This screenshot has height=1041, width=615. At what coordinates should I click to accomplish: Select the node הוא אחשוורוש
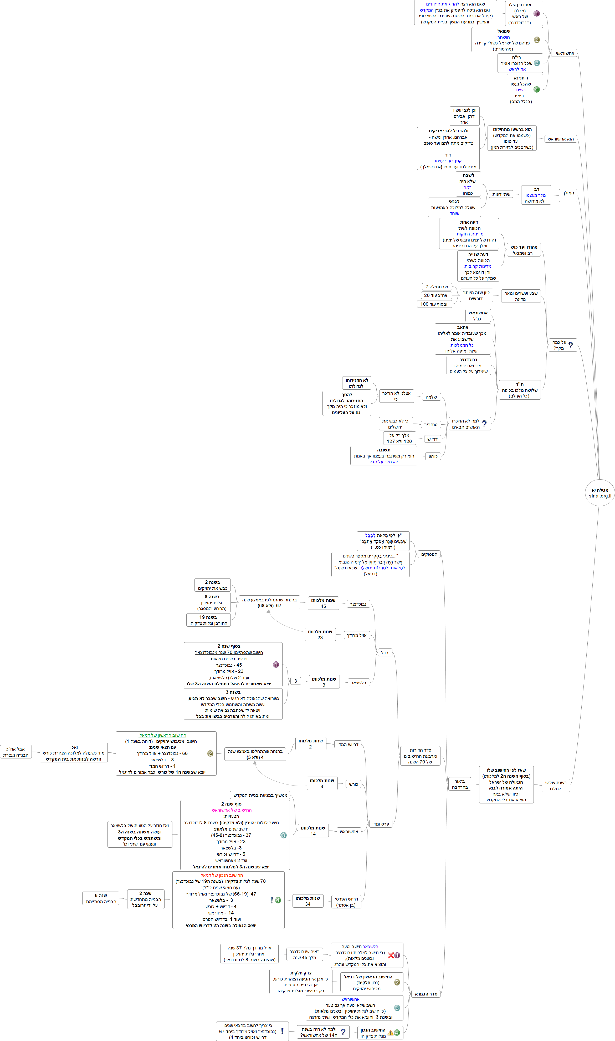click(560, 139)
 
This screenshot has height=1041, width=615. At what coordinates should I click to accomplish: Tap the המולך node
click(568, 193)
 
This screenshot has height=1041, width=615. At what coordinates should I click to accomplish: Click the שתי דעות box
click(501, 194)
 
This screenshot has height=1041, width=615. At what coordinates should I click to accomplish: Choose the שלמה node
click(431, 397)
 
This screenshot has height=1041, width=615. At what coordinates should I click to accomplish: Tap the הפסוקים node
click(429, 554)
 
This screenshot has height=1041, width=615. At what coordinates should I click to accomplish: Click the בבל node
click(385, 652)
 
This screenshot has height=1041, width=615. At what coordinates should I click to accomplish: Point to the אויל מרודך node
click(356, 635)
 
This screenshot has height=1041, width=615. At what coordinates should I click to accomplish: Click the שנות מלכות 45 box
click(323, 603)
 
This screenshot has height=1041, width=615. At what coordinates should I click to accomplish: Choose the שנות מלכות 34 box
click(307, 901)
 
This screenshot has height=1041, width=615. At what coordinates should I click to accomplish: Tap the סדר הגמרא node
click(426, 994)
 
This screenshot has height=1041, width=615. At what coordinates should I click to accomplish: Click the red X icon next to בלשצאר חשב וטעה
click(390, 955)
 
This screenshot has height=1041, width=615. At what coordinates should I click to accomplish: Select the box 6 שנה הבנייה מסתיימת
click(101, 898)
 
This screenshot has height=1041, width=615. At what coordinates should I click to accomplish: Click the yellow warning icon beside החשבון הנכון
click(390, 1032)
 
